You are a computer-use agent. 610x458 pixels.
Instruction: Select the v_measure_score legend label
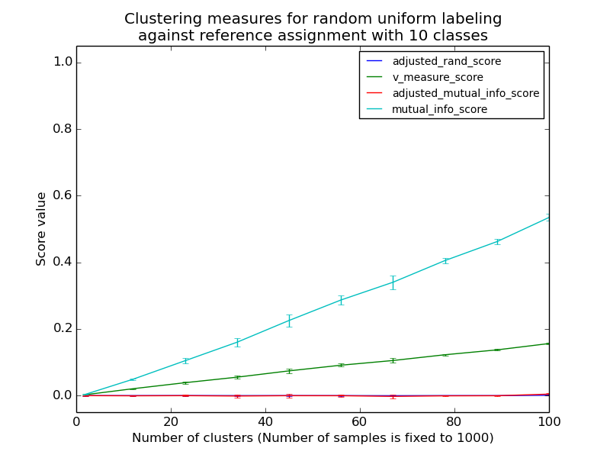[x=437, y=77]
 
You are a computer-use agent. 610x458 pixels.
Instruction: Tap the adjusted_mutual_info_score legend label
[x=465, y=93]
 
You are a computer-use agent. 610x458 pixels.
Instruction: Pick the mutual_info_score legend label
[x=439, y=109]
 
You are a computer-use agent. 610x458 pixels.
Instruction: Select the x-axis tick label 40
[x=265, y=421]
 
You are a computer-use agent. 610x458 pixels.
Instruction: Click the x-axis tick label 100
[x=548, y=421]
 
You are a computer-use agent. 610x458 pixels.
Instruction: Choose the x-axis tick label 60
[x=359, y=421]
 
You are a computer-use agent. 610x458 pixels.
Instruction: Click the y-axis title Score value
[x=41, y=229]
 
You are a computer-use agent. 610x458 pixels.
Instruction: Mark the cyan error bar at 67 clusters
[x=393, y=282]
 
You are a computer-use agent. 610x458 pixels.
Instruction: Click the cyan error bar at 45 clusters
[x=289, y=321]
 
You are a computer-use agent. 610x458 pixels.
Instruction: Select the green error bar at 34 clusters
[x=237, y=377]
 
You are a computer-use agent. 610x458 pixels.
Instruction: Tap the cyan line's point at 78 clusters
[x=445, y=260]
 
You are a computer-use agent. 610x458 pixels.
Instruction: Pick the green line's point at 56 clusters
[x=341, y=365]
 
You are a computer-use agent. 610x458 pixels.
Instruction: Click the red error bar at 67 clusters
[x=393, y=396]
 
